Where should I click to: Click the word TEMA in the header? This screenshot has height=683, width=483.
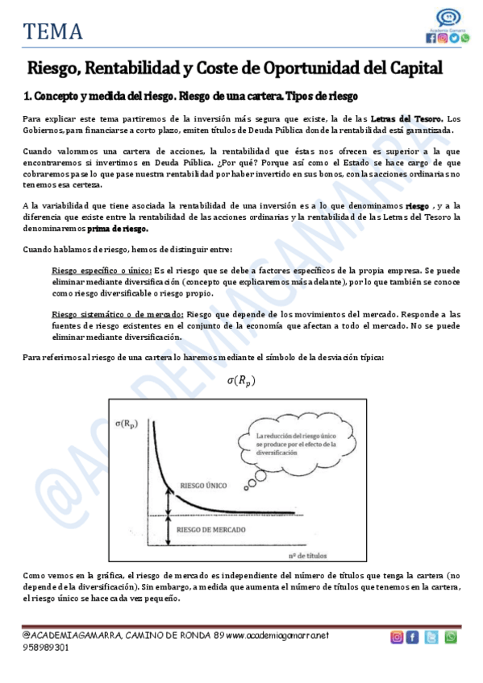pyautogui.click(x=53, y=31)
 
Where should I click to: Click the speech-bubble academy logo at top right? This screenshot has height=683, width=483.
pyautogui.click(x=448, y=19)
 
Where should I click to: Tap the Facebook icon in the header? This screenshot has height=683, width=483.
pyautogui.click(x=431, y=38)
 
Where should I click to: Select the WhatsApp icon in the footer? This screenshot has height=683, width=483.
pyautogui.click(x=451, y=636)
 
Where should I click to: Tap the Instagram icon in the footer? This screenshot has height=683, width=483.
pyautogui.click(x=397, y=636)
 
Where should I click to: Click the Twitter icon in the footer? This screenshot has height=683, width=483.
pyautogui.click(x=432, y=636)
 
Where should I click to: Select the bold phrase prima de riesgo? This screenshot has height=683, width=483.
pyautogui.click(x=122, y=228)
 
